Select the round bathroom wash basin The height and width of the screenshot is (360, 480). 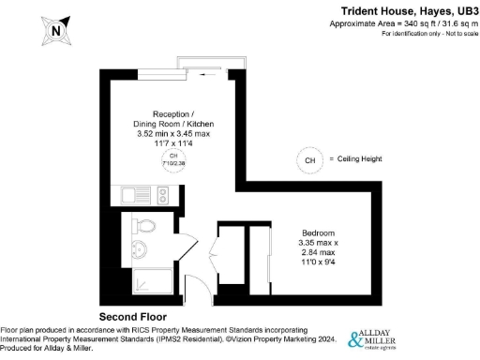tap(137, 248)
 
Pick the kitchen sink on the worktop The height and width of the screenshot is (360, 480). tap(128, 196)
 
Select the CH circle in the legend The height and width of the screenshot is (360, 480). tap(309, 160)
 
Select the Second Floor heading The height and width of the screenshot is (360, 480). tap(137, 316)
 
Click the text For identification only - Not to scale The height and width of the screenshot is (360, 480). tap(427, 34)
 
